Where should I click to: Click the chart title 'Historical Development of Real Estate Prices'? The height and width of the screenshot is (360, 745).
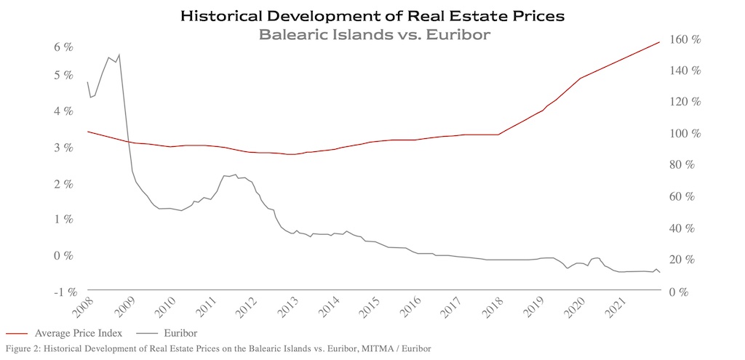tap(372, 15)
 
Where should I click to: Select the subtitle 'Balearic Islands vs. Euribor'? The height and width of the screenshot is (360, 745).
tap(372, 33)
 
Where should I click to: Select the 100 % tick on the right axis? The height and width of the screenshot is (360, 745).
tap(685, 135)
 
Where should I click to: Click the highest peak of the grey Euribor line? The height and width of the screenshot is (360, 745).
tap(119, 54)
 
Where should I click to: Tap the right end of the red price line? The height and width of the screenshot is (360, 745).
tap(659, 41)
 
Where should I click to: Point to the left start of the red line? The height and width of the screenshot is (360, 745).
tap(88, 132)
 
